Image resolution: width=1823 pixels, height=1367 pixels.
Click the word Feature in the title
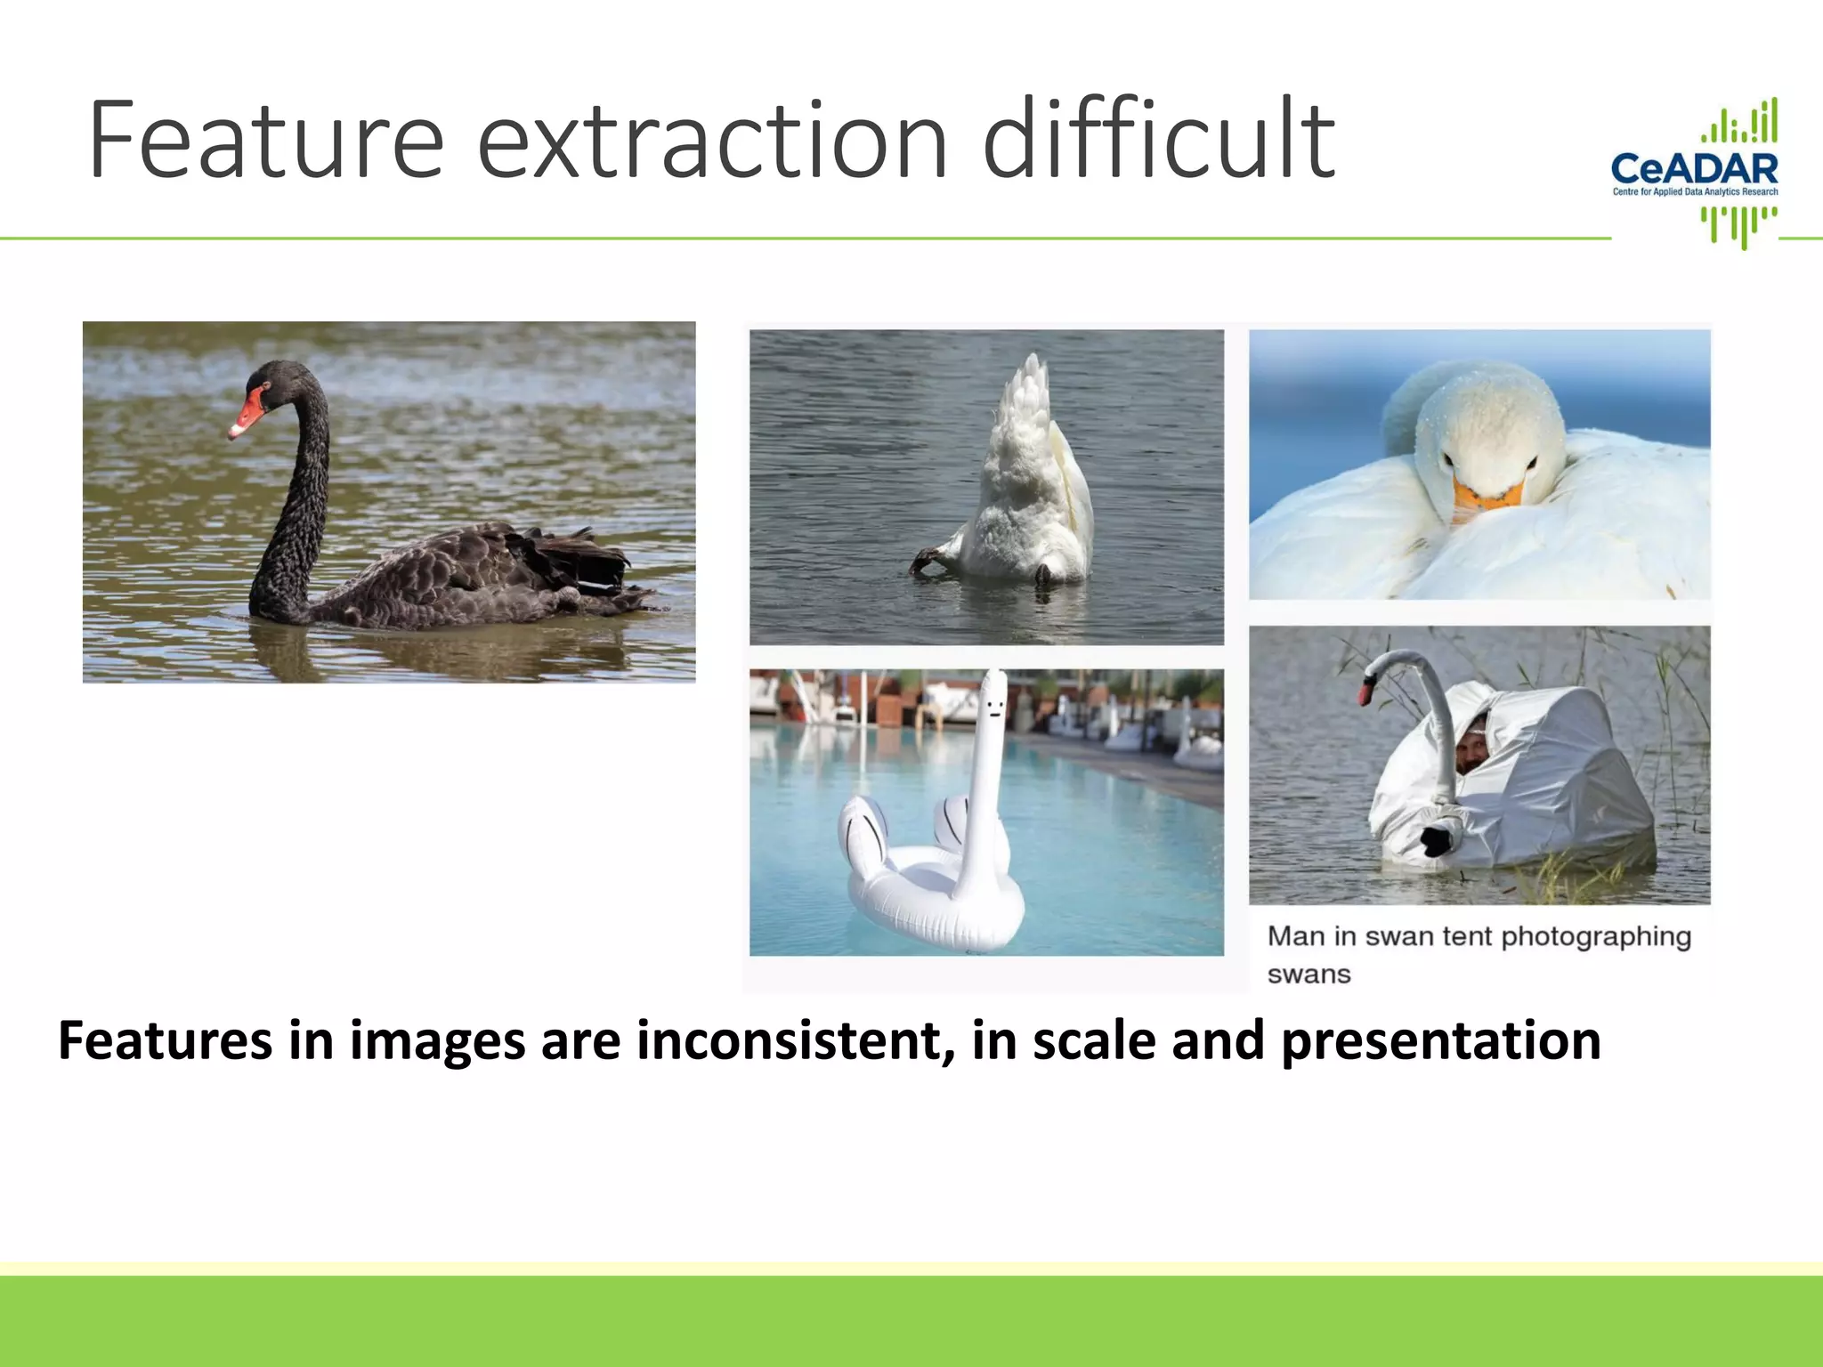pos(265,142)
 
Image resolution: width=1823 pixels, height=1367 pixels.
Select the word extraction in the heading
pos(712,142)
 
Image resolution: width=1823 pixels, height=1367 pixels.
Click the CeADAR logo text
pos(1694,168)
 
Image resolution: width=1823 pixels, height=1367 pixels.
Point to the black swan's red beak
pos(248,414)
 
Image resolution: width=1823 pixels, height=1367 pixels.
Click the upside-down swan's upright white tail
pos(1033,418)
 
